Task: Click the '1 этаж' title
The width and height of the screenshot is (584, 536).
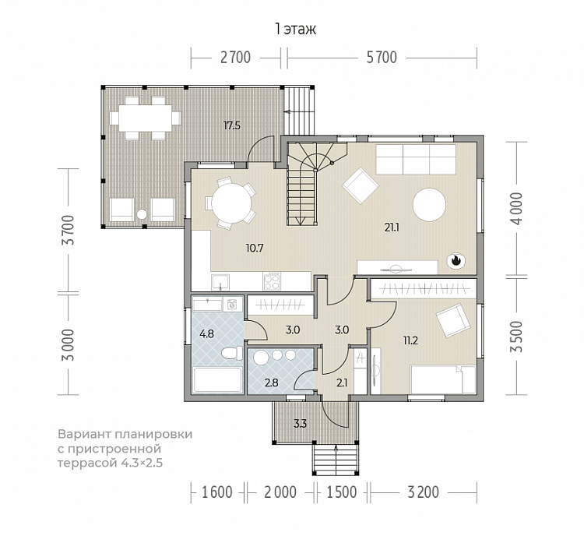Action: [x=295, y=29]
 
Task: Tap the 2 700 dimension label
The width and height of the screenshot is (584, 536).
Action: [x=235, y=58]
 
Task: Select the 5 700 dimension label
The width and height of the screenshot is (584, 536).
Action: [x=382, y=58]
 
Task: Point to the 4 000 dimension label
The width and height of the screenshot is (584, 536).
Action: [x=517, y=208]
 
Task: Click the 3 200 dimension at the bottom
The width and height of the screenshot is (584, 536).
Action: [x=424, y=492]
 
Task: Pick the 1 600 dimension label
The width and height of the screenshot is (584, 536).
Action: [x=217, y=492]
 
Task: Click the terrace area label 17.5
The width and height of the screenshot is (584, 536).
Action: [x=232, y=125]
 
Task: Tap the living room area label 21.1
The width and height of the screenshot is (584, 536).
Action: [x=392, y=227]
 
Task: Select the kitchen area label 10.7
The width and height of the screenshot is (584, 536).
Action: [x=255, y=248]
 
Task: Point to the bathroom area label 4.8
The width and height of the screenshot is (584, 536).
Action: [x=206, y=334]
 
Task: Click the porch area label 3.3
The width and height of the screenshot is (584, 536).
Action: [x=301, y=424]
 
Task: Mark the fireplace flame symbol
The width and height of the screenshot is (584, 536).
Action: [x=456, y=260]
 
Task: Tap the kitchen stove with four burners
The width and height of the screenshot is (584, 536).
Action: [x=272, y=281]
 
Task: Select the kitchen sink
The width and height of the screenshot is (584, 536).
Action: [x=220, y=282]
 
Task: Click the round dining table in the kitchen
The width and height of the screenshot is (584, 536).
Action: [x=232, y=203]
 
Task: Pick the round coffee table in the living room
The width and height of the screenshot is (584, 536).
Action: [x=429, y=205]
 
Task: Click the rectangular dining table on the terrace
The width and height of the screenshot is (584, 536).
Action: [x=146, y=118]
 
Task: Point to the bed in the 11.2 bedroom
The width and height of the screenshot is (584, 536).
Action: [x=443, y=379]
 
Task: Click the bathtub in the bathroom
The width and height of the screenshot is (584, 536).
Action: [x=217, y=380]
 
